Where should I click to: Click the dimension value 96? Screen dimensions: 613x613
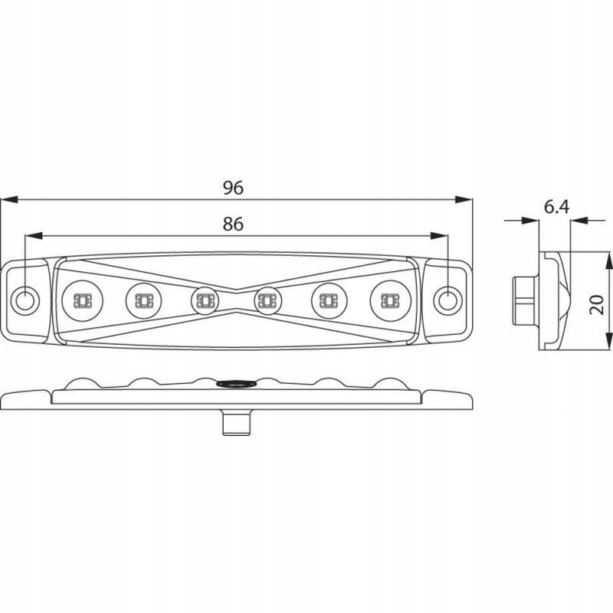point(234,188)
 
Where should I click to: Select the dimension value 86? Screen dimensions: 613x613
point(234,224)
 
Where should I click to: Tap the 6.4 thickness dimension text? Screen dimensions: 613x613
point(557,207)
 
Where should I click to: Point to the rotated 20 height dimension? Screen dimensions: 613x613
point(597,305)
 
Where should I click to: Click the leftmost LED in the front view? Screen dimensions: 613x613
point(83,300)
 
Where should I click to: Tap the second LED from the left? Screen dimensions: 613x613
point(143,300)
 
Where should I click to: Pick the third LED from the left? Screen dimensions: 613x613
point(205,300)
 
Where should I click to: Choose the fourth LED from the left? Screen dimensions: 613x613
point(267,300)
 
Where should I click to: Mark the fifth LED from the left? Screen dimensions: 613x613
point(329,300)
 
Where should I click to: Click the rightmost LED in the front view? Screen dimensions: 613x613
point(390,300)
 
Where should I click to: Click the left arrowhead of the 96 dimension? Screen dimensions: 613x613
point(9,199)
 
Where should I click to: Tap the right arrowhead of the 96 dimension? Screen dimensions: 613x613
point(464,199)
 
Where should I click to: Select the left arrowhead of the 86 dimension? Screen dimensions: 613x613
point(34,236)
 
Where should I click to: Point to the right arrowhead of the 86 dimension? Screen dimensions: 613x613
point(439,236)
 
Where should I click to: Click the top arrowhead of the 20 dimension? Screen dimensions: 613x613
point(609,260)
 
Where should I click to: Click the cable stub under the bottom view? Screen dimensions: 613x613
point(237,422)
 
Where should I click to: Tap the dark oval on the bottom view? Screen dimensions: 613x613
point(236,384)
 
